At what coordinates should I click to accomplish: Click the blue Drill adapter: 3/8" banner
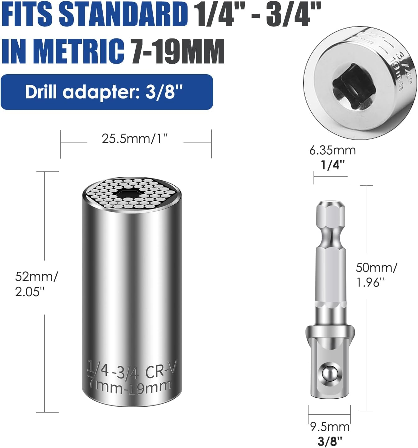click(107, 92)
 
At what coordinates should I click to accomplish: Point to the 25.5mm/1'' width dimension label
click(135, 138)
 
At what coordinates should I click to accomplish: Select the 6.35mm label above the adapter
click(332, 150)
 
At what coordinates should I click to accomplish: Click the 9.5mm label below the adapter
click(330, 427)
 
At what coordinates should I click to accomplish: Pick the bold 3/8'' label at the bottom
click(330, 441)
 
